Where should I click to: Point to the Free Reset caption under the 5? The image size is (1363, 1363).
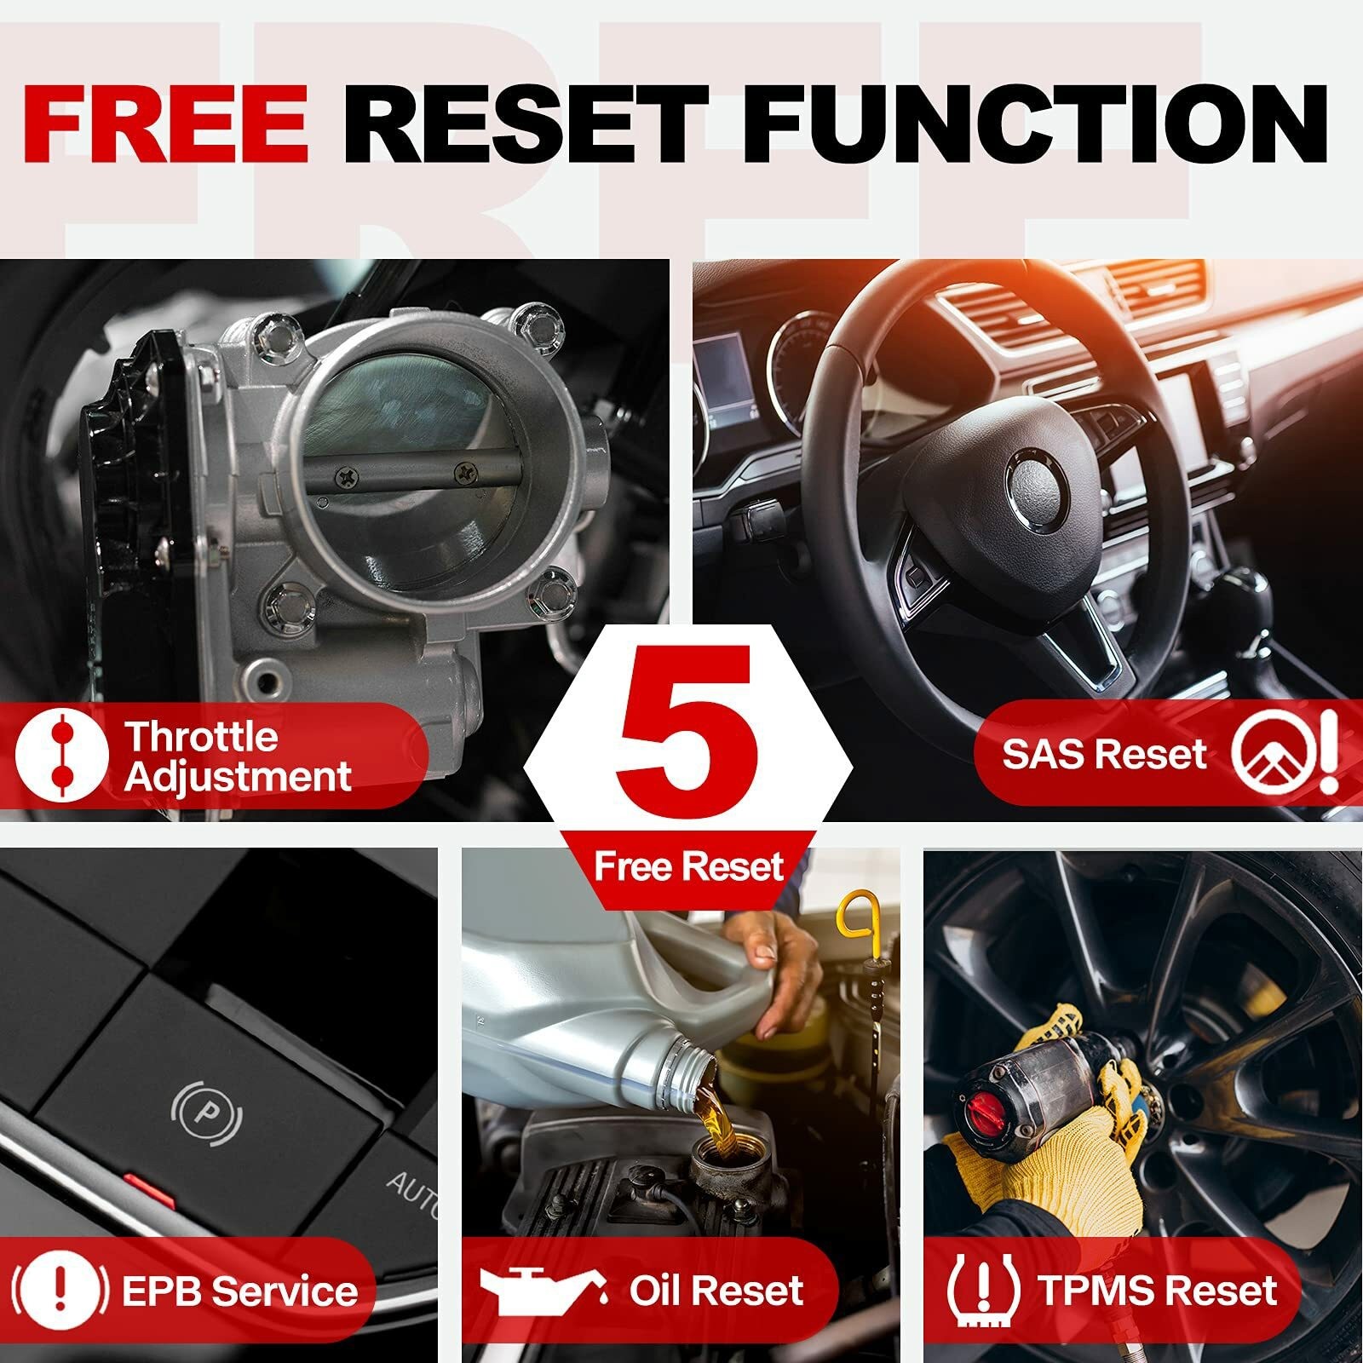[688, 866]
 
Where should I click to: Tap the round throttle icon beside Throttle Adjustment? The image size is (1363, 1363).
[61, 754]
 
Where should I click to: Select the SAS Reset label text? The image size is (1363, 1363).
[1105, 754]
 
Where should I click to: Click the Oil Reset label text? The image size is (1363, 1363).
[716, 1291]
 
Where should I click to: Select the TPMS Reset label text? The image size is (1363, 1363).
[1157, 1291]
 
